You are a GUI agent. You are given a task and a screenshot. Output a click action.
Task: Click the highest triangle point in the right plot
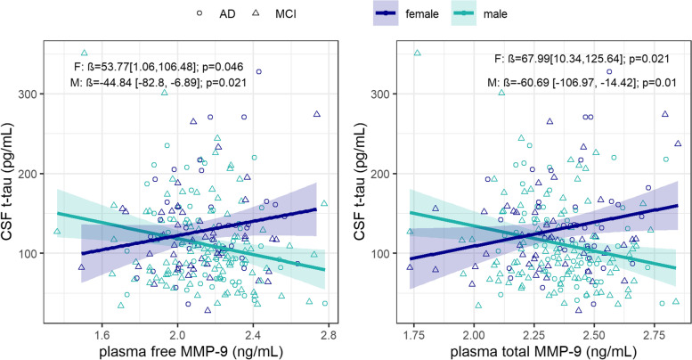pyautogui.click(x=416, y=53)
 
